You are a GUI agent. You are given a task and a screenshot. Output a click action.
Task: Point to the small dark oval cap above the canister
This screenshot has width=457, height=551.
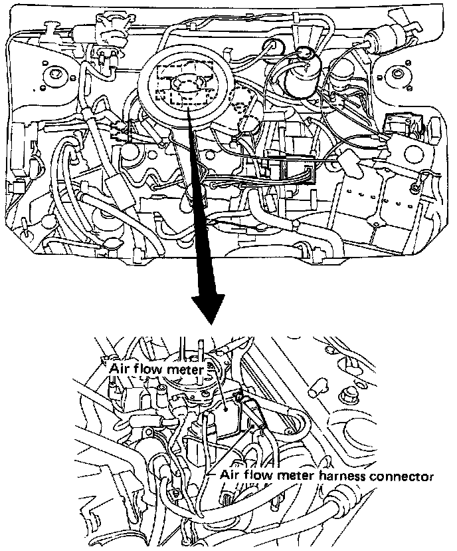click(x=306, y=52)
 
